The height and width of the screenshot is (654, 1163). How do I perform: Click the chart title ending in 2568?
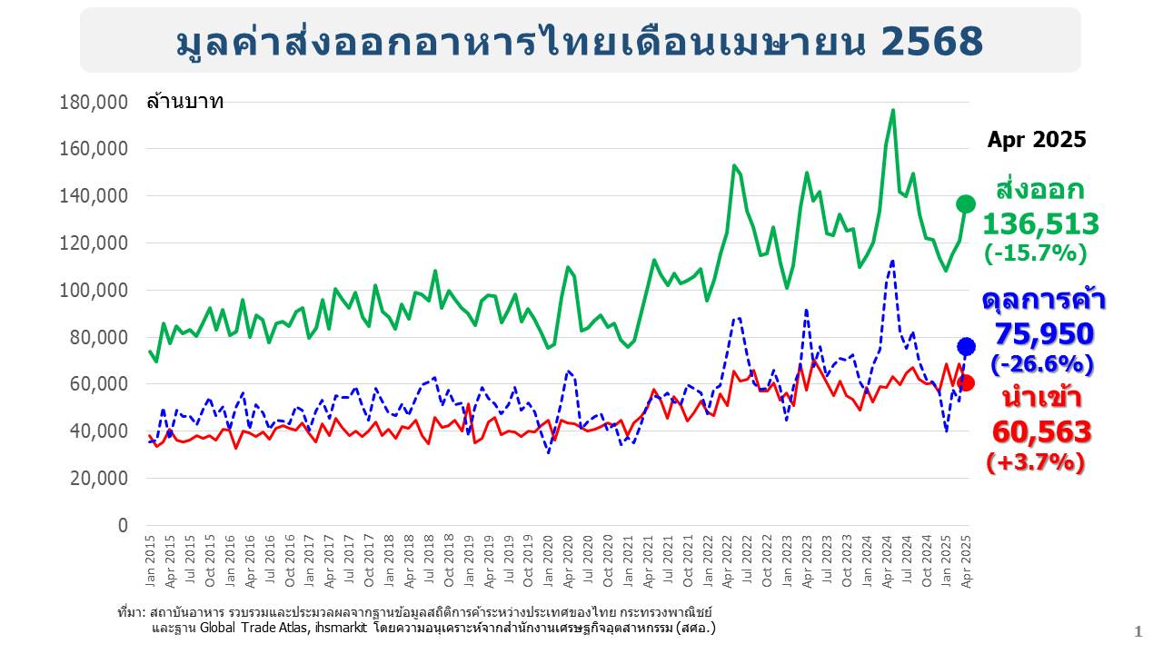(580, 41)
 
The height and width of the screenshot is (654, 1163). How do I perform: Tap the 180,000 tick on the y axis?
(93, 102)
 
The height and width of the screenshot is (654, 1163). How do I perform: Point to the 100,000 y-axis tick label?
(93, 290)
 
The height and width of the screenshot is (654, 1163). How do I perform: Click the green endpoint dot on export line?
(966, 204)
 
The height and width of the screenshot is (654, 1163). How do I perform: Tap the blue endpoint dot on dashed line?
(966, 346)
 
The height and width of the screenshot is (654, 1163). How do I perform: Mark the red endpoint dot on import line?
(966, 382)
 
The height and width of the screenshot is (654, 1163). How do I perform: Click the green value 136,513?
(1040, 223)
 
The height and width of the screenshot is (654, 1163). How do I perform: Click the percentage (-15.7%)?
(1035, 253)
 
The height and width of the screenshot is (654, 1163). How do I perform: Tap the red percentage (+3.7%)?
(1036, 462)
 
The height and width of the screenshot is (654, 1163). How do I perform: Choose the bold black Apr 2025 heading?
(1037, 140)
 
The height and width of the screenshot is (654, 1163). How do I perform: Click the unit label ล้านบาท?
(184, 101)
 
